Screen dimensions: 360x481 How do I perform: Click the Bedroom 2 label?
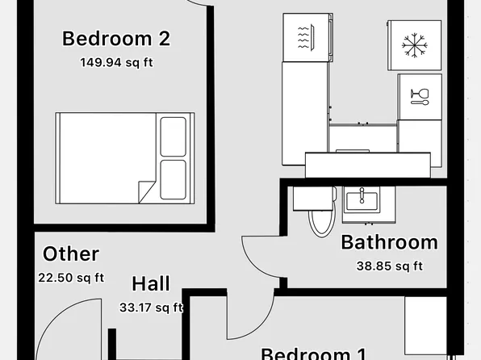point(116,38)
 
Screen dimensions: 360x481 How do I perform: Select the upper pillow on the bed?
point(173,136)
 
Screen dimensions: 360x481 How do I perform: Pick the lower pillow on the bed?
point(173,178)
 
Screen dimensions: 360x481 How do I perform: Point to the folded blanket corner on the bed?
point(146,190)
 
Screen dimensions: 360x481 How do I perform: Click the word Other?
point(71,254)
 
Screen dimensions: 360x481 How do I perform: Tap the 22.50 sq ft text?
point(71,278)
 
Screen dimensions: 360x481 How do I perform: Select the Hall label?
point(151,284)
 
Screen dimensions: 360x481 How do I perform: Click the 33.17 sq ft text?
point(151,307)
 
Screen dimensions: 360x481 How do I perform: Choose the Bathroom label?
point(389,242)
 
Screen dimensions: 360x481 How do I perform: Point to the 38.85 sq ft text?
point(389,265)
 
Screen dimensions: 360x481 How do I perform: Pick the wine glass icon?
point(420,97)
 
